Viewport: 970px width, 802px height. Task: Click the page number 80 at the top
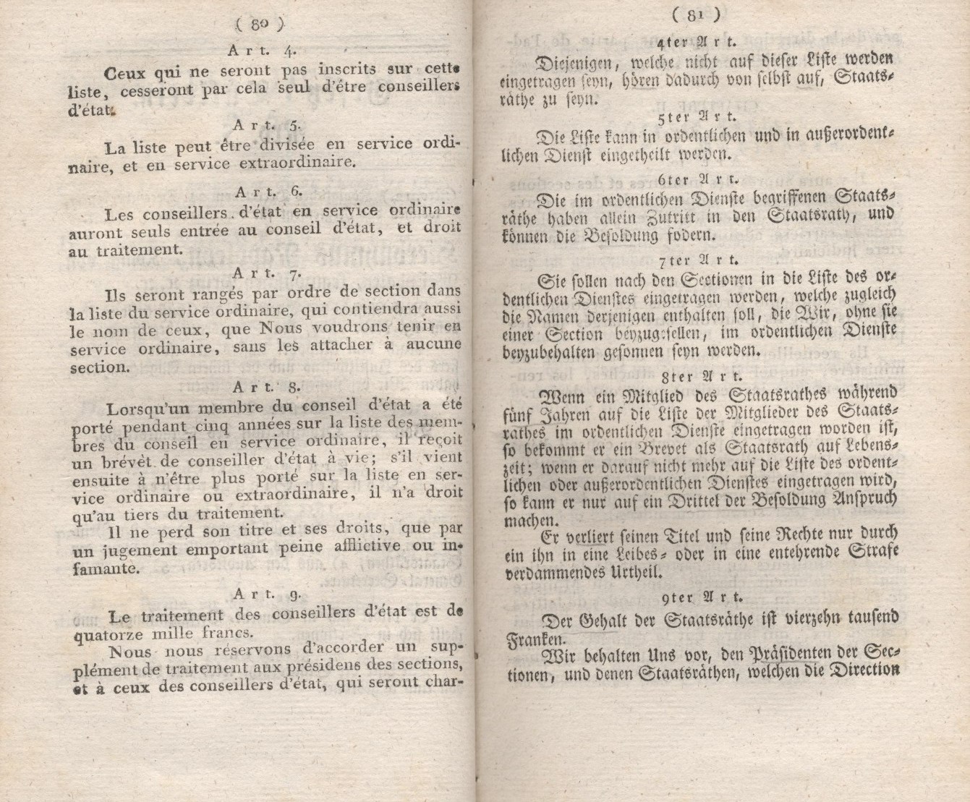[257, 26]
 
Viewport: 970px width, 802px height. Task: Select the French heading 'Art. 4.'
[259, 51]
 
